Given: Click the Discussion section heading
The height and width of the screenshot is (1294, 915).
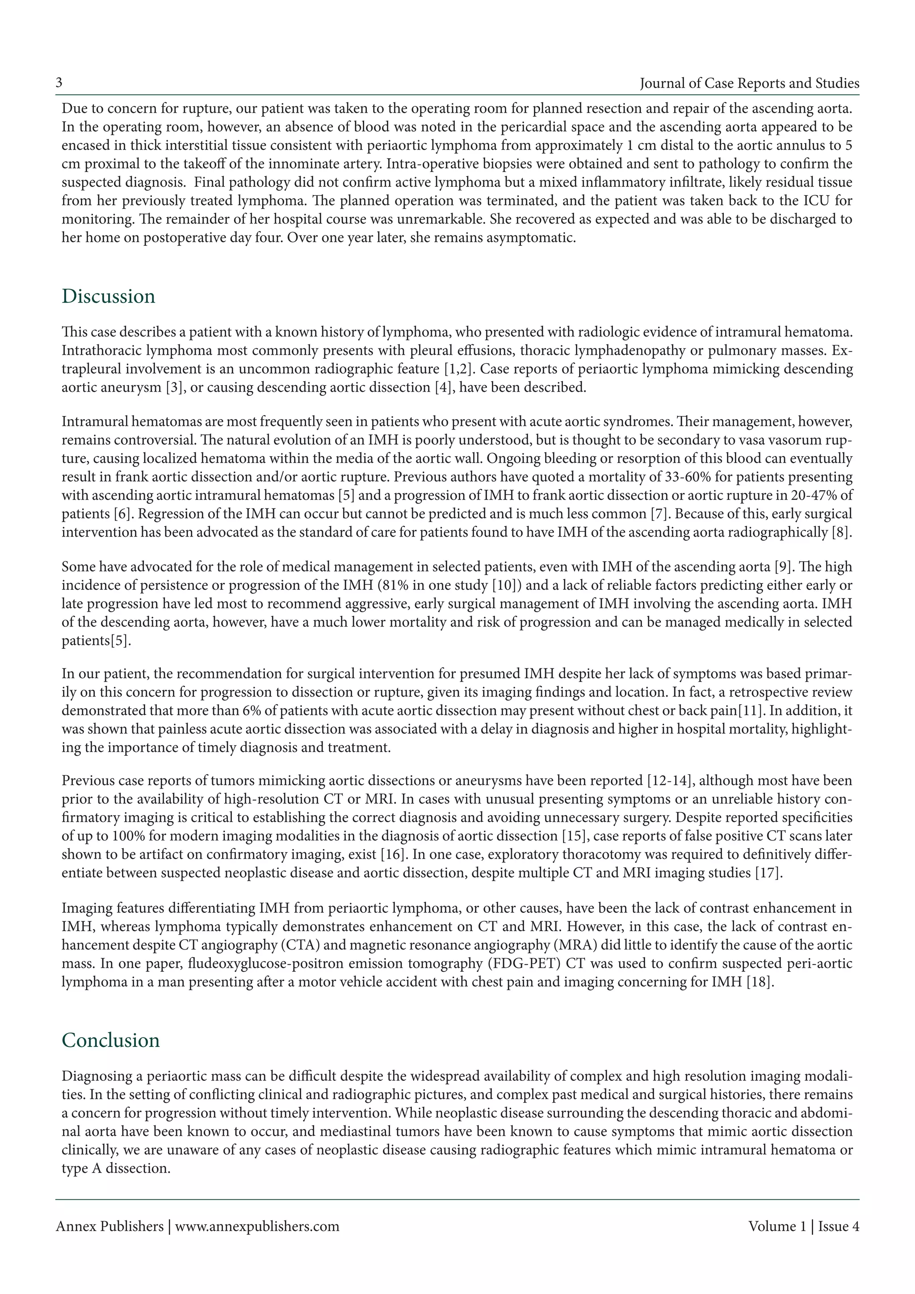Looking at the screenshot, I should click(108, 296).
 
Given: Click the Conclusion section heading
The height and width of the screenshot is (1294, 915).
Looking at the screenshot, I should click(110, 1040).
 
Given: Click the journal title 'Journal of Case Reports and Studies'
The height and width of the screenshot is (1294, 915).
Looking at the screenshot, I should click(749, 84).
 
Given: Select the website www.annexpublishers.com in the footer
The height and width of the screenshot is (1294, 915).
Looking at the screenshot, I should click(257, 1227).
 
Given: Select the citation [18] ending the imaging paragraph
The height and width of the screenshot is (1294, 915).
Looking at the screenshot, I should click(760, 982).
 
